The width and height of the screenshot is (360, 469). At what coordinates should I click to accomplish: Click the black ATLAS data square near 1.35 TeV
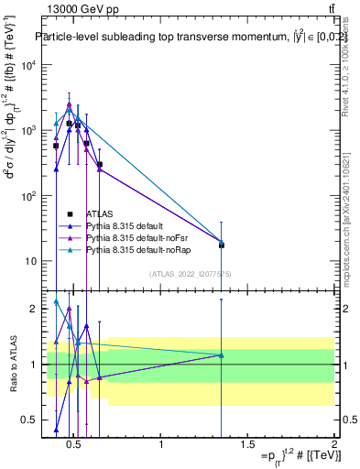coord(221,245)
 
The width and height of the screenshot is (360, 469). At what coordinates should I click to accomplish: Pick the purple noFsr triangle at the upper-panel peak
coord(69,104)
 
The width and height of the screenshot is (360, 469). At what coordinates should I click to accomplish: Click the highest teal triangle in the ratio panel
coord(56,301)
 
